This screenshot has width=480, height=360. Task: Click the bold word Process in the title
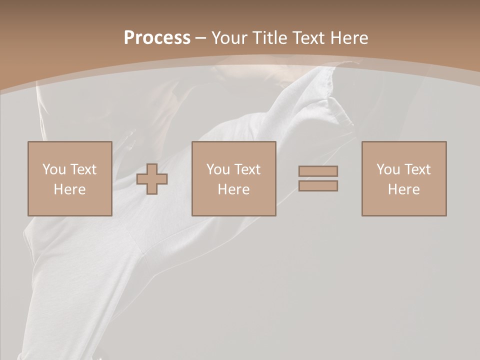coord(157,38)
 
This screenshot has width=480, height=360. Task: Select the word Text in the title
coord(309,38)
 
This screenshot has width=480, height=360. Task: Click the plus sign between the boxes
coord(152,179)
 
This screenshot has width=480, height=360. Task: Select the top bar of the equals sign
coord(318,171)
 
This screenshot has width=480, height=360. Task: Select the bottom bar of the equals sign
coord(318,186)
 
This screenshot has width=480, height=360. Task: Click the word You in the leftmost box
coord(53,169)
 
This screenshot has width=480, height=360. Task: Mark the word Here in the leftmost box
coord(69,189)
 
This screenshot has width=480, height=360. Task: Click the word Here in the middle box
coord(233,189)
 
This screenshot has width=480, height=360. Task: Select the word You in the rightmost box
coord(387,169)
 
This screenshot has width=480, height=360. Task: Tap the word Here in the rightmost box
coord(403,189)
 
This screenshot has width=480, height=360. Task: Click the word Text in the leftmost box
coord(83,169)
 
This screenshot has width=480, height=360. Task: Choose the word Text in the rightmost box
coord(417,169)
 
